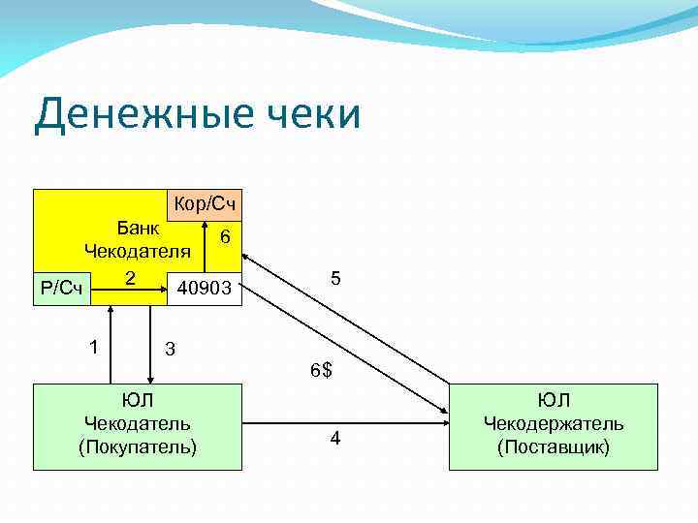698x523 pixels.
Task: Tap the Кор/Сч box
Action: tap(205, 205)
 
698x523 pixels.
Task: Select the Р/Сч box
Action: tap(63, 288)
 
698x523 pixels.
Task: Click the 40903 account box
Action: tap(205, 288)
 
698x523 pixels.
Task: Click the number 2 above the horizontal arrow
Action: tap(129, 276)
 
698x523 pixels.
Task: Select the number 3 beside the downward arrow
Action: tap(170, 347)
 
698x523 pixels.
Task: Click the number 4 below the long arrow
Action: tap(334, 439)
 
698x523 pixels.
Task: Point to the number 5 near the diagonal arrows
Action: tap(335, 278)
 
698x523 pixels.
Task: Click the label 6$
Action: tap(321, 370)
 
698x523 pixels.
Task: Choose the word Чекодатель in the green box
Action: tap(138, 423)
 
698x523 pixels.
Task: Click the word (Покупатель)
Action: tap(138, 446)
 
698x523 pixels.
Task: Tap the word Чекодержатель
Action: tap(554, 423)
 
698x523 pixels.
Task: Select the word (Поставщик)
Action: tap(554, 446)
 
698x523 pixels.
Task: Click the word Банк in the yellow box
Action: tap(138, 229)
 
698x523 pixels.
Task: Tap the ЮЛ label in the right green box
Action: tap(554, 400)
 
